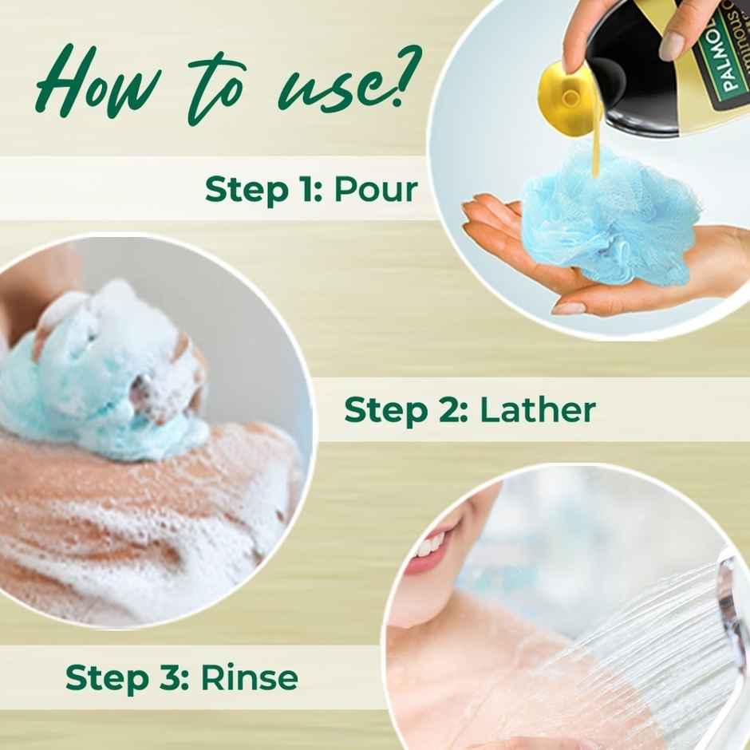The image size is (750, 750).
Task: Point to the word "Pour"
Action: tap(375, 190)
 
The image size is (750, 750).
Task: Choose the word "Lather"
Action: tap(538, 410)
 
